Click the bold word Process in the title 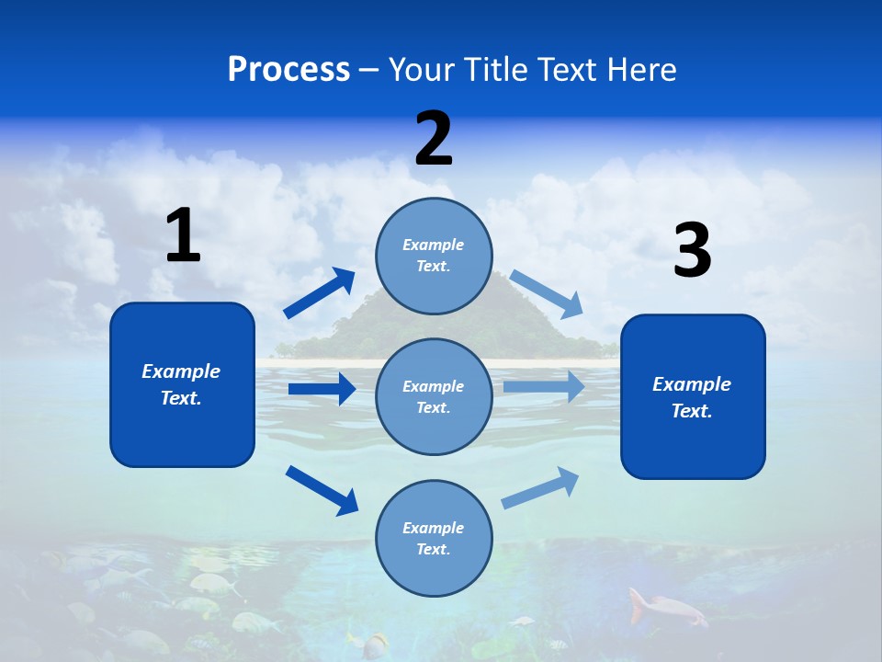pos(288,69)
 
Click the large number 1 pos(183,235)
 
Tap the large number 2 pos(434,139)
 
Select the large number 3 pos(692,251)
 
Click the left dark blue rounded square pos(182,384)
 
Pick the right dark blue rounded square pos(693,396)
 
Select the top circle pos(434,256)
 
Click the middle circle pos(434,396)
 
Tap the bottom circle pos(434,538)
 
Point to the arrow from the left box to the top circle pos(320,292)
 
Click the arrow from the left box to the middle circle pos(322,389)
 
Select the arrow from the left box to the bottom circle pos(322,489)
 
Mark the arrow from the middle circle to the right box pos(544,386)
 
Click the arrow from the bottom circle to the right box pos(540,488)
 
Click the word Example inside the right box pos(692,384)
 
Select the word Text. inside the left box pos(181,398)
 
